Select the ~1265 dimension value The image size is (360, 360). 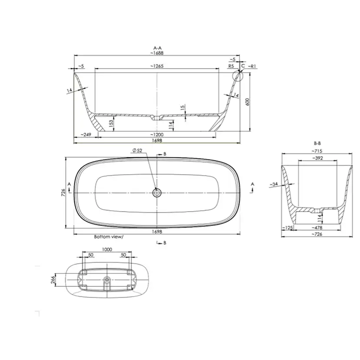coord(158,66)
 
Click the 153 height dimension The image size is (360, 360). coord(111,123)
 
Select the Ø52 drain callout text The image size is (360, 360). coord(137,150)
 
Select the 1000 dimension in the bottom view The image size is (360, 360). coord(107,250)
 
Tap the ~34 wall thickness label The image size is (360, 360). coord(274,185)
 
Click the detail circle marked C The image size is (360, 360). coord(238,76)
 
